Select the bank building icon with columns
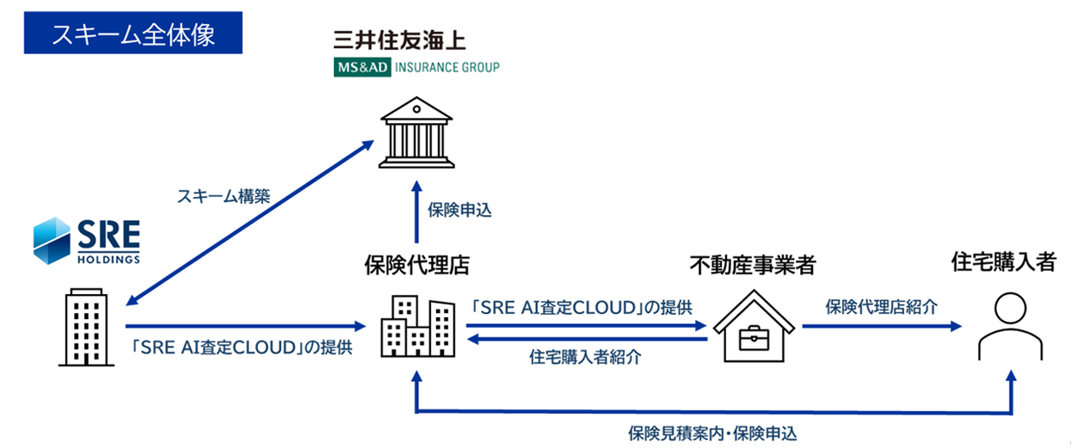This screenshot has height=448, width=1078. pos(416,133)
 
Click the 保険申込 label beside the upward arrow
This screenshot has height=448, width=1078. pos(459,210)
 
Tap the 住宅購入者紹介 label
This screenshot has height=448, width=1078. pos(585,358)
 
